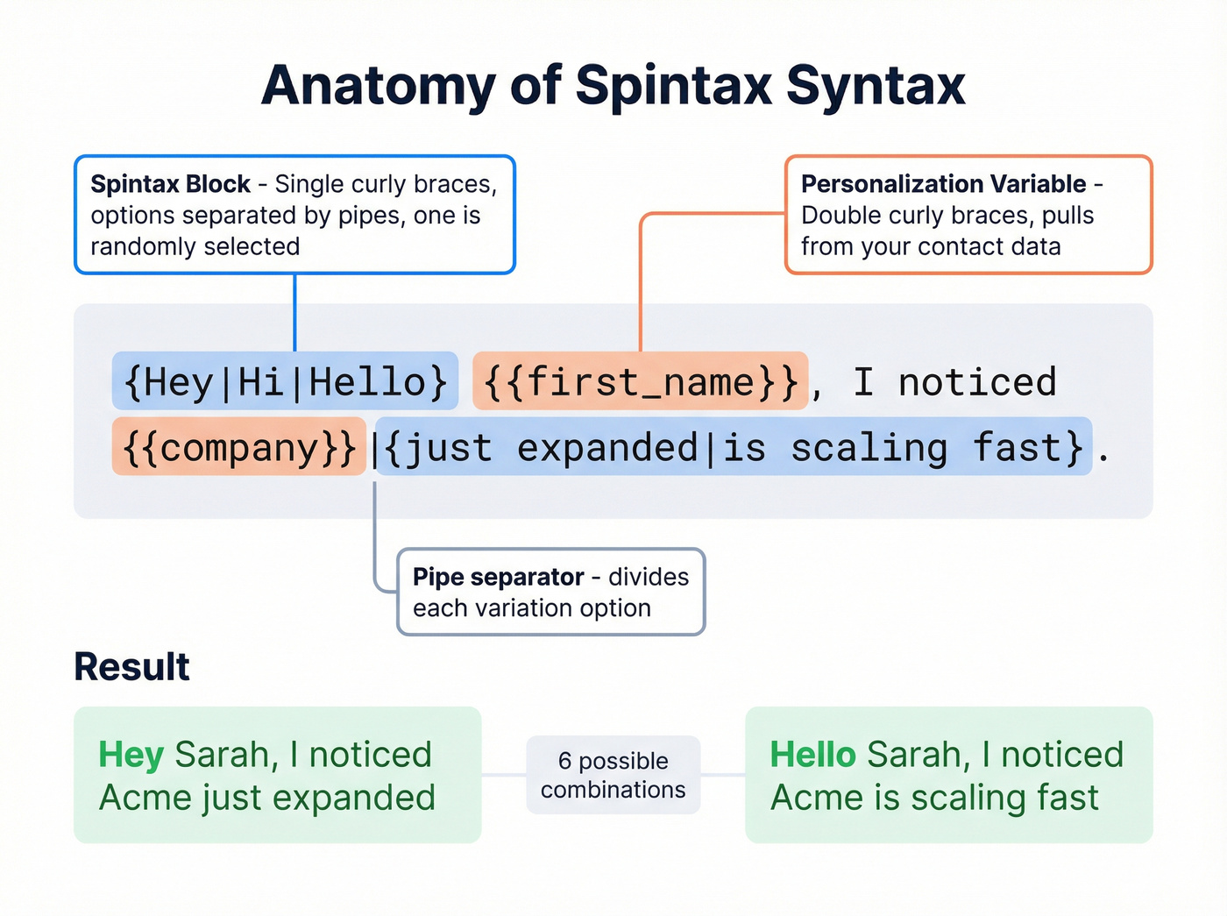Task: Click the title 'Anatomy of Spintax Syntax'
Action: (x=613, y=86)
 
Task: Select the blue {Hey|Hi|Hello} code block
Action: (x=285, y=382)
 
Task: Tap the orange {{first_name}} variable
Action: (x=640, y=382)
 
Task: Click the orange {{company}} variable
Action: (x=238, y=448)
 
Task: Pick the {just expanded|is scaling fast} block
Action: (x=734, y=448)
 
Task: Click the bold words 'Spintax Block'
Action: (x=170, y=184)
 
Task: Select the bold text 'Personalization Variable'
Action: (x=943, y=184)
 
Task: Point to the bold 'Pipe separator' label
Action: (x=498, y=577)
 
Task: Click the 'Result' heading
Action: (x=131, y=667)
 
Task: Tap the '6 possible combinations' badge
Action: (x=613, y=775)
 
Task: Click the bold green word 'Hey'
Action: (x=131, y=755)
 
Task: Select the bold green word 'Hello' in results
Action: (x=812, y=755)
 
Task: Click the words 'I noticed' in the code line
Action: (x=954, y=382)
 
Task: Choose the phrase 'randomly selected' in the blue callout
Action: (x=195, y=247)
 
